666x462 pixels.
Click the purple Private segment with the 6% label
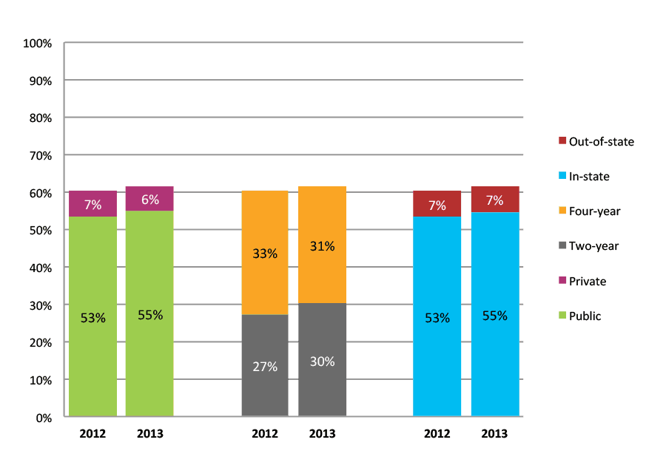coord(149,198)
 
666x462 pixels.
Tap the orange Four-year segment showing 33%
coord(265,253)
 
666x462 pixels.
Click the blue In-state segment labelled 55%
coord(494,314)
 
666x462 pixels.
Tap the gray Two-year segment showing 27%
coord(265,366)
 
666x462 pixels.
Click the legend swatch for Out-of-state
coord(562,140)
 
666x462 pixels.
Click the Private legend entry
coord(588,281)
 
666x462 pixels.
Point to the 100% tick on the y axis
coord(38,44)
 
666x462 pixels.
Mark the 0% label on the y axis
coord(44,418)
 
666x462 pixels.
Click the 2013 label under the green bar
coord(149,434)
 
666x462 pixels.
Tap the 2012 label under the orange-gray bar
coord(265,434)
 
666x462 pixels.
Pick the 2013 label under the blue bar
coord(494,434)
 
